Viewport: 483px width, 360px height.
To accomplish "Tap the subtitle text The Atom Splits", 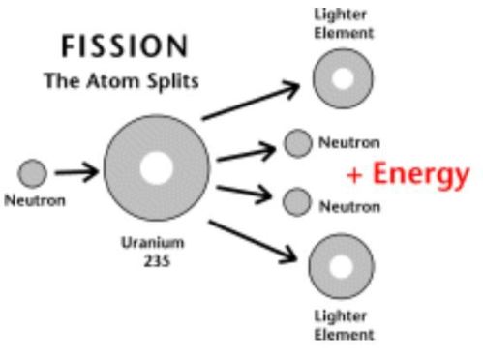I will coord(122,81).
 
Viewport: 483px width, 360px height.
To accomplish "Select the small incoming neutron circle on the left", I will coord(33,174).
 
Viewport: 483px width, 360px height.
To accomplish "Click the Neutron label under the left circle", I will coord(34,202).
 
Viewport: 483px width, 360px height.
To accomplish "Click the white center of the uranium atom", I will coord(155,168).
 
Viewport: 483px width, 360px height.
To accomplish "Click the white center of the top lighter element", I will coord(343,76).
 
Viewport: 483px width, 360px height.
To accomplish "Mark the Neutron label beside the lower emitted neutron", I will coord(350,206).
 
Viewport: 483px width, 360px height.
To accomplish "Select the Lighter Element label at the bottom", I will coord(343,325).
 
